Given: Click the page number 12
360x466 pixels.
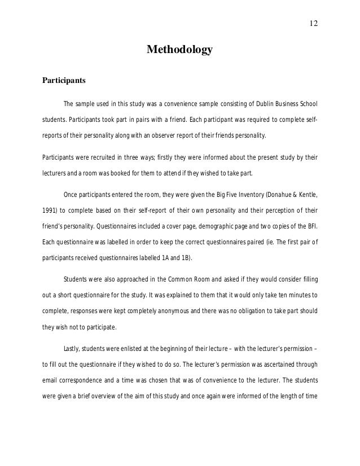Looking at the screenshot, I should (x=314, y=23).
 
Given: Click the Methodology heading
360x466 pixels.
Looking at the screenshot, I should (x=179, y=50).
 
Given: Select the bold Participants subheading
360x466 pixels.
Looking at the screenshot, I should (x=64, y=80).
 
